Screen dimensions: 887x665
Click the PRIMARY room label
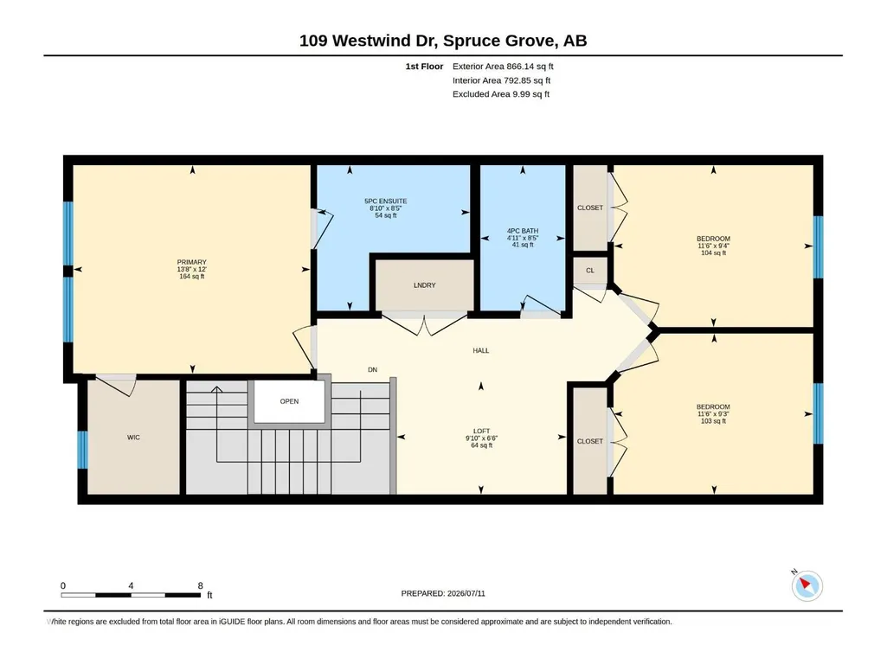coord(192,262)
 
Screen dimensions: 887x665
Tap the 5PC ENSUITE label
coord(386,201)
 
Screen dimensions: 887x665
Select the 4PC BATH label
coord(523,231)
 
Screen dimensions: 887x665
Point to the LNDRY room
coord(425,285)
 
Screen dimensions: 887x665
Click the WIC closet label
coord(133,437)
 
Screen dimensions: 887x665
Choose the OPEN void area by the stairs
coord(289,401)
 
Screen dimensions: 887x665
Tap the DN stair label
coord(372,370)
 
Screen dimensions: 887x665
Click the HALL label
coord(481,350)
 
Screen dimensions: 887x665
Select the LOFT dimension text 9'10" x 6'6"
coord(481,438)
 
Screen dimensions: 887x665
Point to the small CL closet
coord(590,271)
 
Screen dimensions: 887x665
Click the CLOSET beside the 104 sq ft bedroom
coord(590,208)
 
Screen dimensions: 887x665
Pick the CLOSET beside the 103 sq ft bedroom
coord(590,441)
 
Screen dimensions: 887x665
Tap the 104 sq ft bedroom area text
coord(713,253)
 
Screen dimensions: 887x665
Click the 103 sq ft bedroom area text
coord(713,421)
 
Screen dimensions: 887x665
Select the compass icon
coord(807,585)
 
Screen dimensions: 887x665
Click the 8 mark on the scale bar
coord(200,585)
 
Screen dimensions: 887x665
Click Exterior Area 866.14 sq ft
coord(503,67)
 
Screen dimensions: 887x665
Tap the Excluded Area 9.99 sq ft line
coord(501,94)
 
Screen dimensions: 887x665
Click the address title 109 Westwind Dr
coord(368,41)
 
